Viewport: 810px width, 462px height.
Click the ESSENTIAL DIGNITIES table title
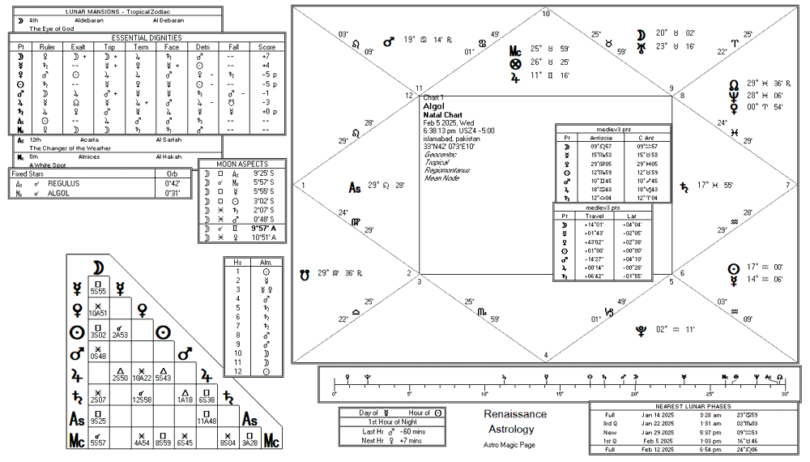(x=147, y=37)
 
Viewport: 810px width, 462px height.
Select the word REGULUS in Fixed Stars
(x=62, y=183)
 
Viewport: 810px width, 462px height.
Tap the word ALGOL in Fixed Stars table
(x=58, y=194)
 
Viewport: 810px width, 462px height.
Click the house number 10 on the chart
(x=546, y=14)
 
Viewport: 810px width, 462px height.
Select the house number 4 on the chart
(x=546, y=355)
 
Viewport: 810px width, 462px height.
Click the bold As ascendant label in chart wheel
(x=354, y=188)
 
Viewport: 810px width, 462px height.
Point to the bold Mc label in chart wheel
(x=515, y=51)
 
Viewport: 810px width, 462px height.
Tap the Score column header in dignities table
(x=267, y=47)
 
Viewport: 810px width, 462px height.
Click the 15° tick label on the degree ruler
(x=559, y=394)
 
